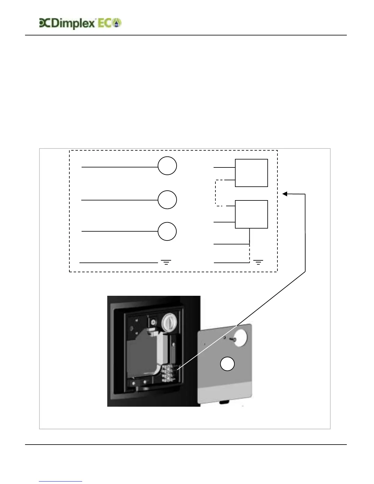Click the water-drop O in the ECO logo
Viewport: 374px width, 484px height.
pos(117,23)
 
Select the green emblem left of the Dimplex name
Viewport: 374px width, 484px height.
pos(44,23)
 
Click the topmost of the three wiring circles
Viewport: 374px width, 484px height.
pos(167,166)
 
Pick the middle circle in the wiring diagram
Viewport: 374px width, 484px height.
pos(167,200)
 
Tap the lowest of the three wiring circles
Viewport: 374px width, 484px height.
pos(167,232)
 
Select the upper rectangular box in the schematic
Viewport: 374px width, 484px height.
pos(251,173)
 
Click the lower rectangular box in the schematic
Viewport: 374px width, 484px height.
pos(251,214)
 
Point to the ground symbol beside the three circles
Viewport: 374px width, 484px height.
pos(166,262)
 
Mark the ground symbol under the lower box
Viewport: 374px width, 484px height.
pos(258,262)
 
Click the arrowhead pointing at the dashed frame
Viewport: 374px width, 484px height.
pos(284,194)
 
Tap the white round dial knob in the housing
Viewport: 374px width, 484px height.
pos(169,322)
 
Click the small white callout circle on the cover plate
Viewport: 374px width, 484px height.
pos(228,364)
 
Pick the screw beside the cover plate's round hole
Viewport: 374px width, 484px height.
pos(234,339)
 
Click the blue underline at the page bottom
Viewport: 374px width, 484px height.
pos(61,481)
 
